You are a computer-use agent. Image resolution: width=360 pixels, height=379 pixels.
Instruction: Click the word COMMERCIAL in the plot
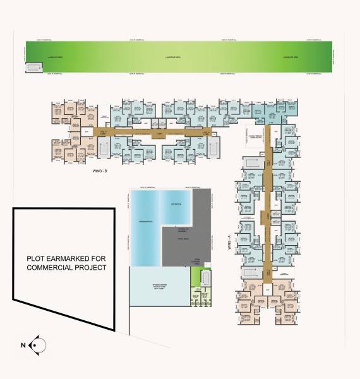point(54,268)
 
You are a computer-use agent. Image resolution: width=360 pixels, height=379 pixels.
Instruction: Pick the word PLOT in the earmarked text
point(37,258)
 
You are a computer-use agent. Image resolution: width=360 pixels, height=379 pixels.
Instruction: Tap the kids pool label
point(176,205)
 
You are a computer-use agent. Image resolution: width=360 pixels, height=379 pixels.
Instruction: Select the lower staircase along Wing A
point(251,273)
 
